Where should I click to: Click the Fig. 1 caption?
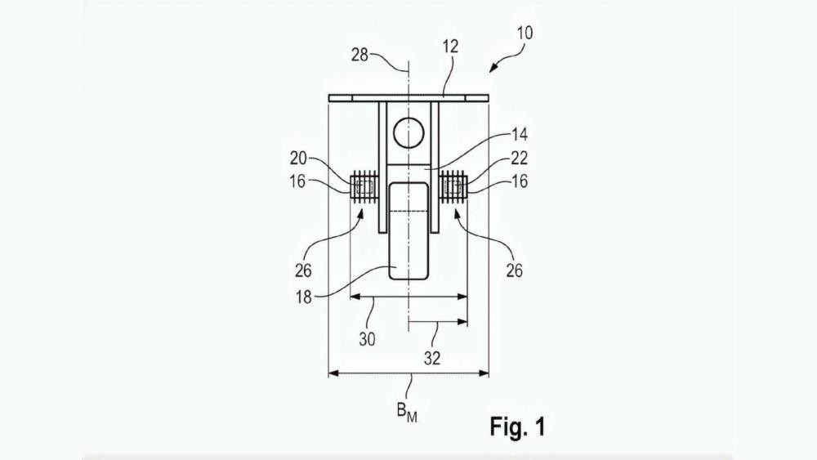[x=516, y=426]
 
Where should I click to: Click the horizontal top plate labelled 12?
[x=408, y=99]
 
